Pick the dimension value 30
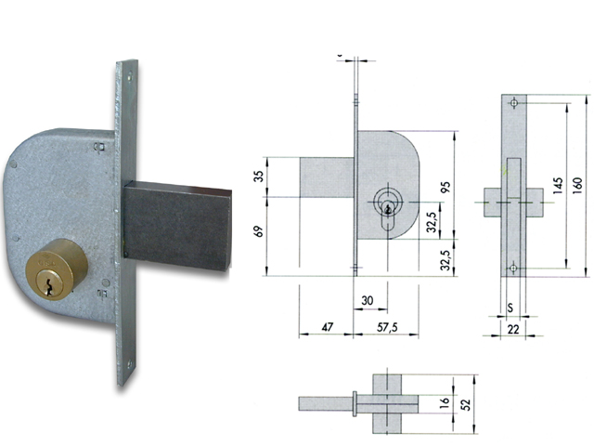[368, 300]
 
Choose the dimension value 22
[511, 329]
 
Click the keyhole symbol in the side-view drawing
[386, 206]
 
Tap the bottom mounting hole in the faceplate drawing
[513, 269]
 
